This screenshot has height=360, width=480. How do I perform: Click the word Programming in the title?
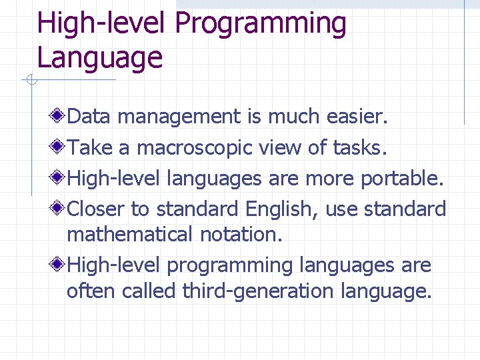point(261,24)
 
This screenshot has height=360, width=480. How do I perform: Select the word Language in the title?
point(100,57)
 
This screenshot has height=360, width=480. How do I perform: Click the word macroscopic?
point(193,147)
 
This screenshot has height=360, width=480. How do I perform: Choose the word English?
point(282,209)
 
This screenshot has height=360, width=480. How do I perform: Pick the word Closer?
point(96,209)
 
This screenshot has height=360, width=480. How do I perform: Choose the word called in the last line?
point(153,291)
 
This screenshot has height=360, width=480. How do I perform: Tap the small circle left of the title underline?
point(29,81)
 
